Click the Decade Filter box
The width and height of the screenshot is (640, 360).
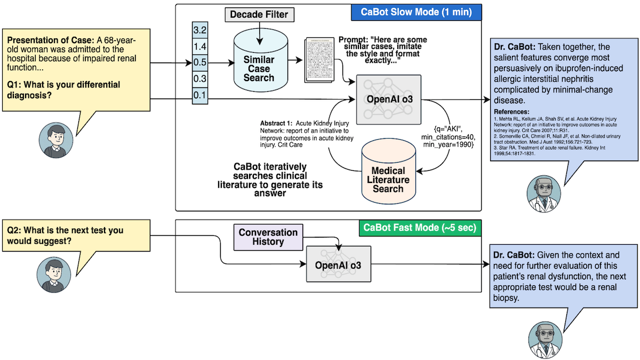point(259,15)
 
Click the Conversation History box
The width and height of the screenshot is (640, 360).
point(268,237)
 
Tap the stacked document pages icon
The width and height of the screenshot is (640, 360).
point(319,60)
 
